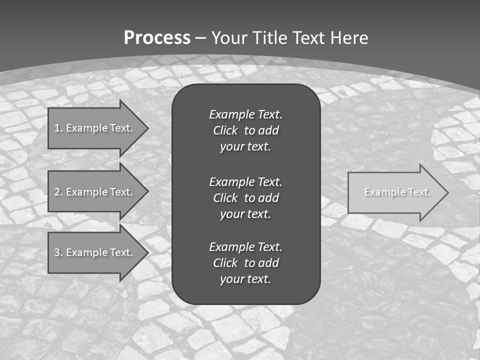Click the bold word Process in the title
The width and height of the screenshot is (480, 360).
point(157,38)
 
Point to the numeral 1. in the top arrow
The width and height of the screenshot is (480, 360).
point(58,128)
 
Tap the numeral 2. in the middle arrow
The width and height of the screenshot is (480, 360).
point(58,192)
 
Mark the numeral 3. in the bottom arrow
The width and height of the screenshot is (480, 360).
point(58,252)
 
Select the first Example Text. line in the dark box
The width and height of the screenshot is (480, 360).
point(245,114)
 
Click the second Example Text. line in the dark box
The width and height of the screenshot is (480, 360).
point(245,181)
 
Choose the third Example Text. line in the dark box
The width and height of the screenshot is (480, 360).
point(245,247)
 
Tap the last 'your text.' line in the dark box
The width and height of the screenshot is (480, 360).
point(245,279)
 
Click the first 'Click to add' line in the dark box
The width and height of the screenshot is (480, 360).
point(245,130)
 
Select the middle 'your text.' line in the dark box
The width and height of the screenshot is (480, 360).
point(245,214)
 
